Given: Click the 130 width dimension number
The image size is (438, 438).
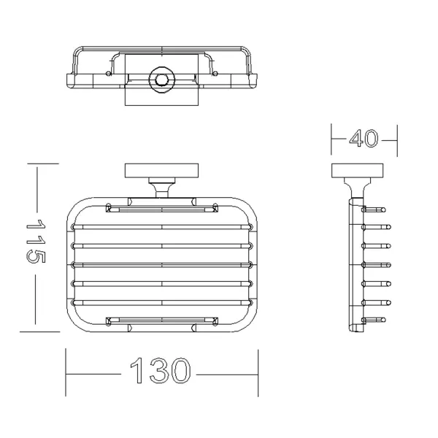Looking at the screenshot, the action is click(x=161, y=371).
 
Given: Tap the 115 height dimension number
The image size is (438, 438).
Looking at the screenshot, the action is click(x=36, y=241).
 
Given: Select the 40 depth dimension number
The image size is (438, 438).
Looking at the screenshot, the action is click(x=364, y=138).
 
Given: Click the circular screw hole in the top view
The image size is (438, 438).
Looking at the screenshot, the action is click(x=162, y=80).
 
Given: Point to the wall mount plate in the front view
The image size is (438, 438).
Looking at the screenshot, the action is click(x=161, y=171).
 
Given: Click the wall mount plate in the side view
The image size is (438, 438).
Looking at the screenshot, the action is click(x=357, y=171).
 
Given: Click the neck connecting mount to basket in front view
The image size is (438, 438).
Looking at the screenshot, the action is click(x=162, y=188).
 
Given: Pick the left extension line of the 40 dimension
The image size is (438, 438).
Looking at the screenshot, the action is click(x=331, y=139).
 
